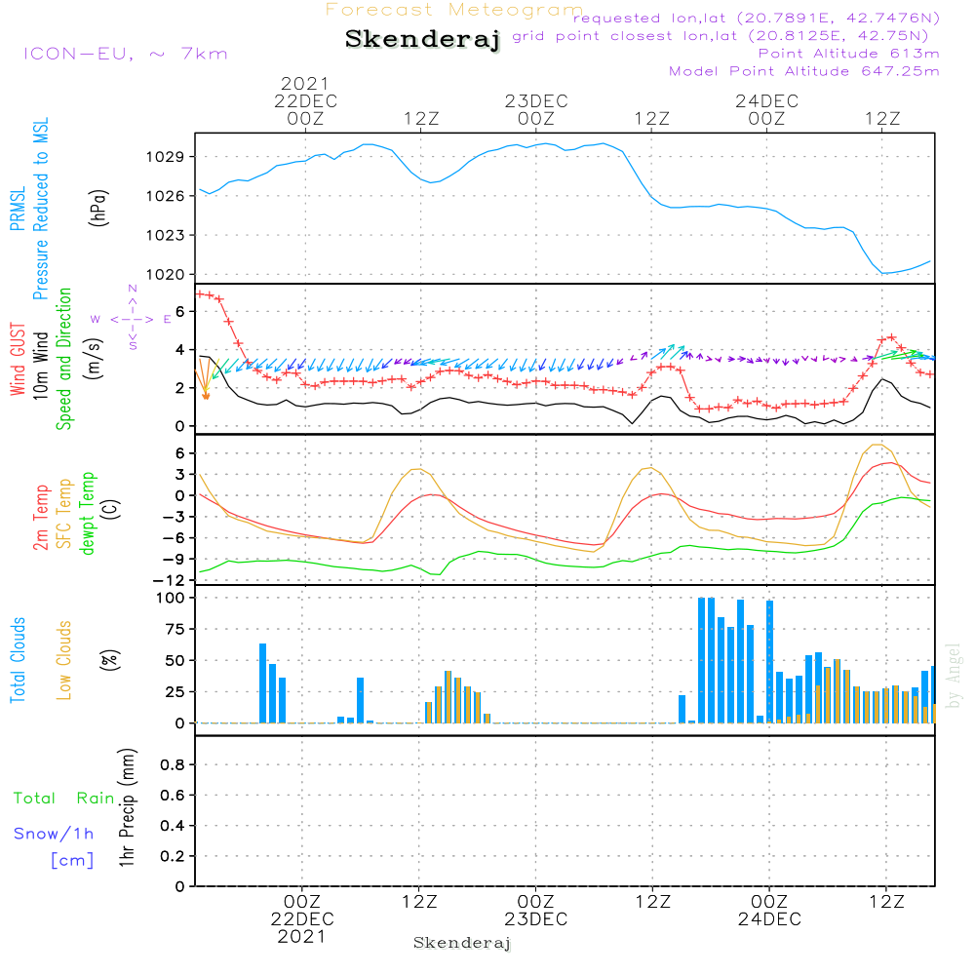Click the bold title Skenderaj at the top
pyautogui.click(x=422, y=40)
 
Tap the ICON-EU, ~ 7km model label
pyautogui.click(x=126, y=54)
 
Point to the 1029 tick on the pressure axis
pyautogui.click(x=166, y=157)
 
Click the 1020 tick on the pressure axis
pyautogui.click(x=166, y=274)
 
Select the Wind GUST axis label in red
pyautogui.click(x=18, y=359)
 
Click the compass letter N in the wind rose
pyautogui.click(x=133, y=289)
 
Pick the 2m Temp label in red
pyautogui.click(x=41, y=518)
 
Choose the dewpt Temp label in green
pyautogui.click(x=87, y=513)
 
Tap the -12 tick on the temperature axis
pyautogui.click(x=169, y=580)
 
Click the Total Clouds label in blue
pyautogui.click(x=18, y=660)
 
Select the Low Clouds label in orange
pyautogui.click(x=64, y=660)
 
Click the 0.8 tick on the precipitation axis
pyautogui.click(x=173, y=764)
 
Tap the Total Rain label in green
pyautogui.click(x=64, y=799)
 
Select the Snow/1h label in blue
pyautogui.click(x=54, y=834)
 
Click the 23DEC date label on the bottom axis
pyautogui.click(x=536, y=919)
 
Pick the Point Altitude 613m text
pyautogui.click(x=849, y=54)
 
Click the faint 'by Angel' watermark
pyautogui.click(x=954, y=676)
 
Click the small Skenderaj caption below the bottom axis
pyautogui.click(x=462, y=943)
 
